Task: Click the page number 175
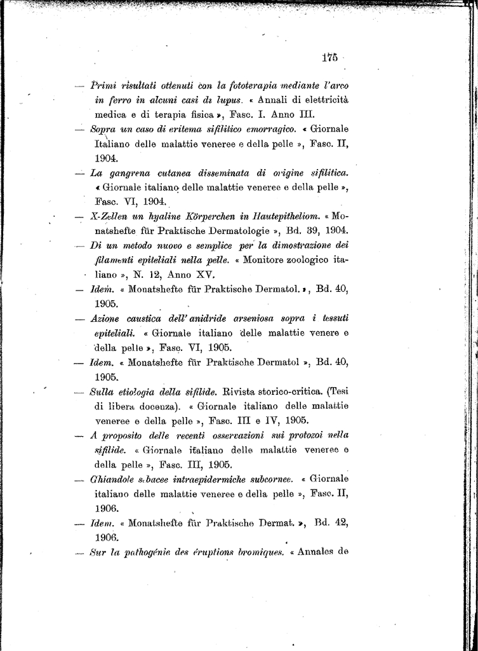click(329, 58)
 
